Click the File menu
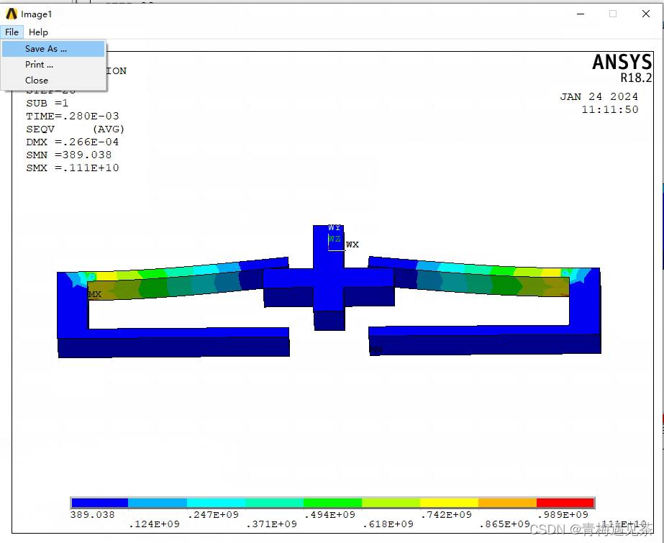tap(12, 32)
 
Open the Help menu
tap(38, 32)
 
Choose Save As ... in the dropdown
tap(45, 49)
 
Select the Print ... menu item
tap(39, 65)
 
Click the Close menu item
tap(37, 81)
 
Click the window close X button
tap(645, 14)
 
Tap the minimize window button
tap(580, 14)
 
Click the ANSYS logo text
tap(622, 63)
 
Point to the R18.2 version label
tap(636, 78)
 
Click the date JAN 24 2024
tap(599, 96)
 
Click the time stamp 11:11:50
tap(609, 109)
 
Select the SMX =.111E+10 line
tap(73, 168)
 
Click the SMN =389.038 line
tap(69, 155)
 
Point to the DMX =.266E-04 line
tap(73, 142)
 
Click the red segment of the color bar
tap(565, 503)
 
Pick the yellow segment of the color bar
tap(449, 503)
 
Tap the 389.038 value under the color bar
tap(92, 514)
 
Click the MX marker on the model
tap(95, 294)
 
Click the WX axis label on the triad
tap(352, 245)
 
